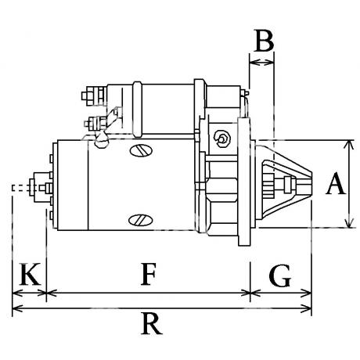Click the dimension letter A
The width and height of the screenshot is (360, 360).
(x=336, y=183)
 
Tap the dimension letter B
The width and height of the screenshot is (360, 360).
(x=264, y=41)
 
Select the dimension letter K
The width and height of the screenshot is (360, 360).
(x=30, y=274)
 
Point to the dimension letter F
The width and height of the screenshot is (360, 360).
(x=149, y=274)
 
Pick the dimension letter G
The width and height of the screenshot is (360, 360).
(x=280, y=275)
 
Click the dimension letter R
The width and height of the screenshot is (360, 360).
(x=151, y=323)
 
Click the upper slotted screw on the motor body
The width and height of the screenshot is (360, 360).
(x=141, y=150)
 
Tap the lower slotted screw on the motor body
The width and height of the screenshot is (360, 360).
(x=141, y=221)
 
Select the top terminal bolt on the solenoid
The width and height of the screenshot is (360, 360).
(x=94, y=96)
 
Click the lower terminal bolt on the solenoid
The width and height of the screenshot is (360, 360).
(x=95, y=123)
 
